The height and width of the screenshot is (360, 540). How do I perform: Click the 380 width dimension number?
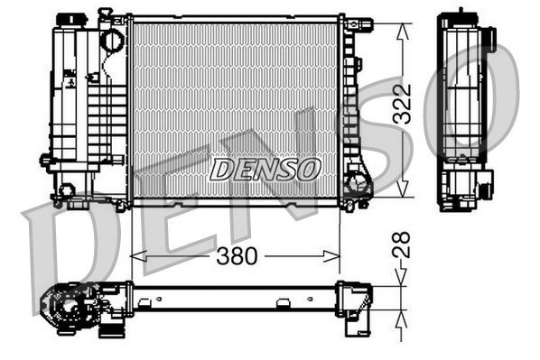(x=237, y=256)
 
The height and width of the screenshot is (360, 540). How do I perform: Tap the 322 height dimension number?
(x=405, y=105)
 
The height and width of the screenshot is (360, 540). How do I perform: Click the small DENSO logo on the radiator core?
(x=265, y=167)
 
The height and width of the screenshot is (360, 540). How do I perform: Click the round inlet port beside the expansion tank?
(x=111, y=40)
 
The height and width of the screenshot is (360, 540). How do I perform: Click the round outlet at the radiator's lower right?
(x=358, y=186)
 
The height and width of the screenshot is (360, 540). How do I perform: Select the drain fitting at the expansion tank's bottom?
(x=65, y=190)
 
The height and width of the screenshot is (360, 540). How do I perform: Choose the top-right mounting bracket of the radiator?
(x=358, y=24)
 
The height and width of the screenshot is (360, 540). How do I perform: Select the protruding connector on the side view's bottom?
(x=486, y=189)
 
